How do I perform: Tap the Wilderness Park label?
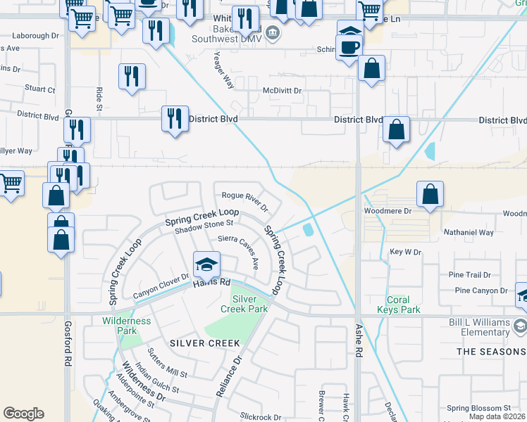click(x=127, y=326)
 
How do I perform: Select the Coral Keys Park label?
click(x=398, y=305)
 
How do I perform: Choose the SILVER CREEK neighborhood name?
click(x=205, y=343)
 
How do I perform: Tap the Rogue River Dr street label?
click(x=245, y=202)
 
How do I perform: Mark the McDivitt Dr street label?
click(x=282, y=91)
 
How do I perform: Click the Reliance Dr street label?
click(x=226, y=377)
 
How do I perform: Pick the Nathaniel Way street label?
click(x=469, y=231)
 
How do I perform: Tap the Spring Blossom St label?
click(x=478, y=408)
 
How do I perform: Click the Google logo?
click(x=23, y=414)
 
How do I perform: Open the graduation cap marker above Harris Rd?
click(x=206, y=265)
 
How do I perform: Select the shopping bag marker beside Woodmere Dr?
click(x=430, y=195)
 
